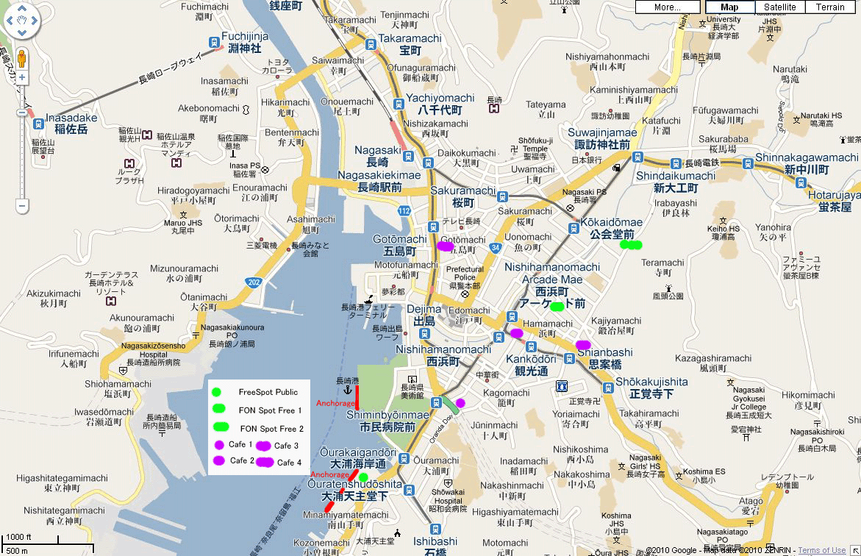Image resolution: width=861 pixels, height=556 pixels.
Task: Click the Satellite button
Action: [779, 7]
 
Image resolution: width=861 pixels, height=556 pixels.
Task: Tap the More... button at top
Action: [668, 7]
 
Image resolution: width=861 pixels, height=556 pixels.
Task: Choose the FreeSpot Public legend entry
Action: [268, 392]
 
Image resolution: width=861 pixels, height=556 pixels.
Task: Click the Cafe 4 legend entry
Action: [287, 462]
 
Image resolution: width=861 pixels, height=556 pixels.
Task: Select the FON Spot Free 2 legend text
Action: [271, 428]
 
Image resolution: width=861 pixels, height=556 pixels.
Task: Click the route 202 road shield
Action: [254, 282]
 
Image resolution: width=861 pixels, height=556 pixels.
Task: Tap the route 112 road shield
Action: [404, 212]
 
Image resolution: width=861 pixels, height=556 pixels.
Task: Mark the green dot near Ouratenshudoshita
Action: [363, 477]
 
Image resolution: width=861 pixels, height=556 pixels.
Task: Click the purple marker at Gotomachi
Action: [445, 246]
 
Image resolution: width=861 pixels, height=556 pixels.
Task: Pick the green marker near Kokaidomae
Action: [631, 244]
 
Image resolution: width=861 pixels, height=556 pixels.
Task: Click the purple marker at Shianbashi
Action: [583, 344]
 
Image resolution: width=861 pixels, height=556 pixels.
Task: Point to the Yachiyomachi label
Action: [440, 98]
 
